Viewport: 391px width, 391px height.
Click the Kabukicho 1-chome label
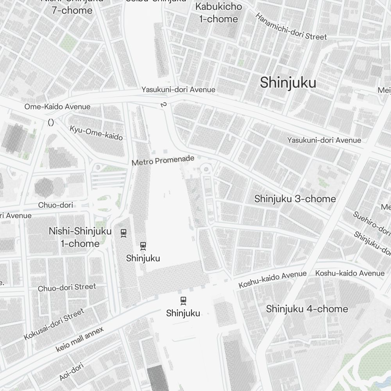[x=219, y=13]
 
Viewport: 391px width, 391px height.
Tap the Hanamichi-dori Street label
[x=291, y=27]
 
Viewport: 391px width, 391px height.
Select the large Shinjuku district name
[x=288, y=83]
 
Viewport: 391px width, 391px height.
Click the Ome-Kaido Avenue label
[x=57, y=107]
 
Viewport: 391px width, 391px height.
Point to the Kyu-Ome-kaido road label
[x=96, y=133]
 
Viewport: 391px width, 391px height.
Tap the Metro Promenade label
[x=163, y=160]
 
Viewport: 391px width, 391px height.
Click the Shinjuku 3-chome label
[x=295, y=199]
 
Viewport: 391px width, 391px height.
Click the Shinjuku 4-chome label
[x=307, y=309]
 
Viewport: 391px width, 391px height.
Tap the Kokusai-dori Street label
[x=54, y=324]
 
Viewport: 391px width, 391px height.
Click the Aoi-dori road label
[x=72, y=372]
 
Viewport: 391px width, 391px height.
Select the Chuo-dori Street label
[x=67, y=288]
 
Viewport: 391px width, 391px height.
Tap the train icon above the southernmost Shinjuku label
[x=183, y=301]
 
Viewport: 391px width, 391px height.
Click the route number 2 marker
[x=163, y=105]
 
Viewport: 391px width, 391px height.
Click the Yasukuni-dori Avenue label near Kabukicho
[x=178, y=90]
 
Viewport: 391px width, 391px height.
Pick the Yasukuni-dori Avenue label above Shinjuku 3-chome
[x=324, y=140]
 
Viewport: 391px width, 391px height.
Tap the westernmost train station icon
[x=124, y=233]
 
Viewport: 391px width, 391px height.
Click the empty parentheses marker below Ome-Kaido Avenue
[x=50, y=122]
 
